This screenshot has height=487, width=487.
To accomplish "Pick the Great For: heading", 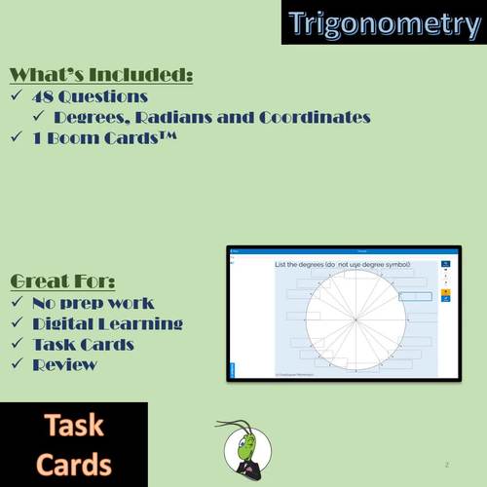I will point(61,281).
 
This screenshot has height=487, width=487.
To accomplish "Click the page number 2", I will point(446,465).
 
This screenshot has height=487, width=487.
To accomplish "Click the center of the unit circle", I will point(356,318).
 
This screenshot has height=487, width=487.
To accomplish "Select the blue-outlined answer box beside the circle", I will point(415,296).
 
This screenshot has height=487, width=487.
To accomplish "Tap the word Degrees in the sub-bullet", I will point(92,118).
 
